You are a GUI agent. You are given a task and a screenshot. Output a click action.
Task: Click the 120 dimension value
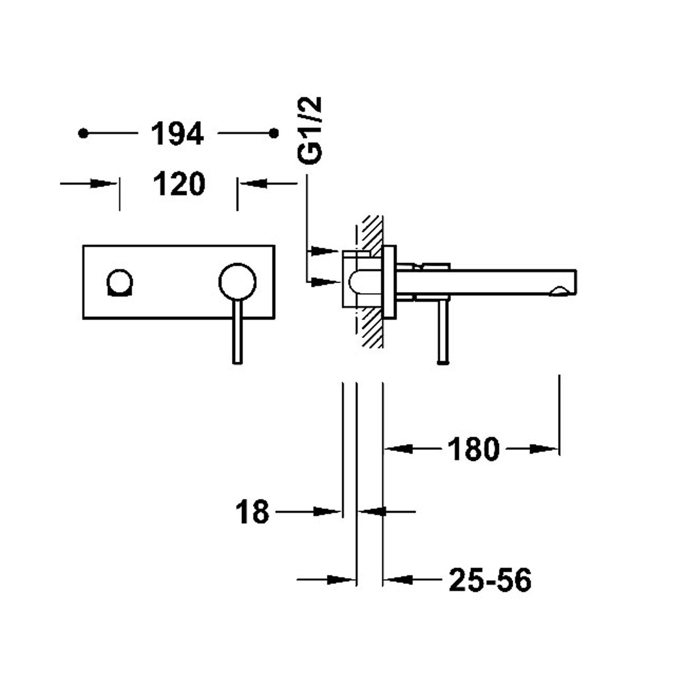179,184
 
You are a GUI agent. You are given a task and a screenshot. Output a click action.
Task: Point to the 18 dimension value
252,512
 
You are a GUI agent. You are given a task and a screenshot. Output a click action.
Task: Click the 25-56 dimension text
490,580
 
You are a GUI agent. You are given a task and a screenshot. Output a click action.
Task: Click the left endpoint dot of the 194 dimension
83,133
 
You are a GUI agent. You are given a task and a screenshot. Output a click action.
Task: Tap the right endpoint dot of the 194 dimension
274,133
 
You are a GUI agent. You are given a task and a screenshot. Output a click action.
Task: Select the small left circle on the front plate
120,282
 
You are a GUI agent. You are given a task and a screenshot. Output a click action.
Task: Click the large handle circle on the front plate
237,282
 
